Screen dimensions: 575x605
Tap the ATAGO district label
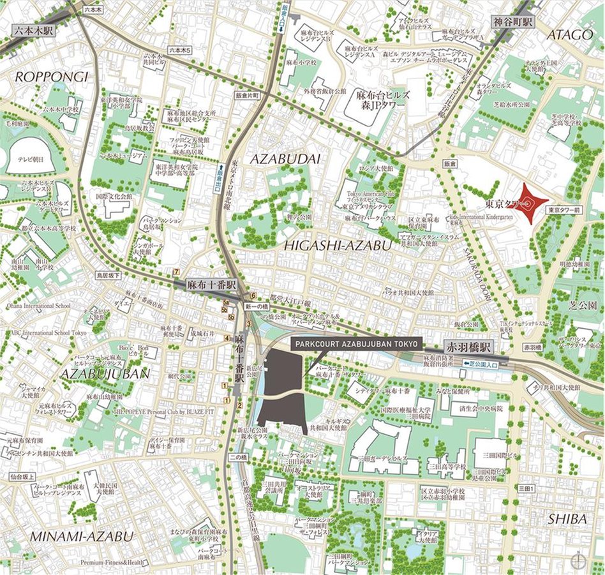(570, 34)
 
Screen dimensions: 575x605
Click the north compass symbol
(578, 561)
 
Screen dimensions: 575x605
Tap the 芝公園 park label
(584, 306)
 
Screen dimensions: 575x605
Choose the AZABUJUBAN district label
(105, 373)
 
